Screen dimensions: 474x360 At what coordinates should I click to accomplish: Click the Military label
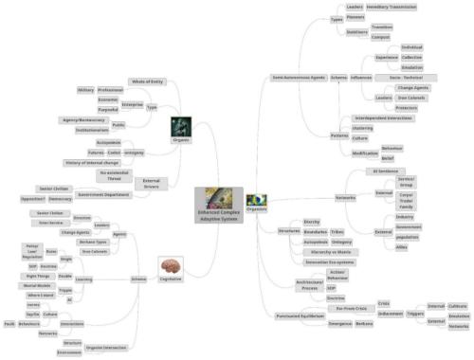pos(84,90)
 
